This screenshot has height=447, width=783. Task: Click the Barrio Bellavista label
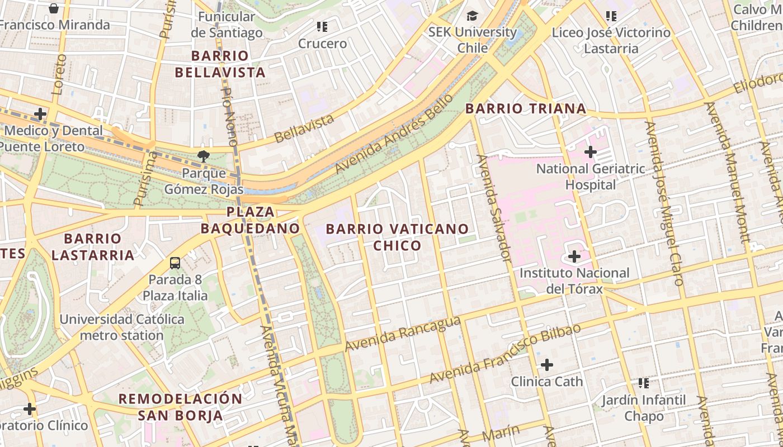pos(220,64)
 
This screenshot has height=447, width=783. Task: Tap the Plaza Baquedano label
pos(251,220)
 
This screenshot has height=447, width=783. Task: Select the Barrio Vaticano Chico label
pos(397,237)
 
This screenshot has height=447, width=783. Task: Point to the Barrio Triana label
pos(526,108)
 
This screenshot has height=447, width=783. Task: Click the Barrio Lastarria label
pos(93,247)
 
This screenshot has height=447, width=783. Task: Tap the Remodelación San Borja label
pos(180,407)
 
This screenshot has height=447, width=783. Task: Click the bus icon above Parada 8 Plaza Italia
pos(175,263)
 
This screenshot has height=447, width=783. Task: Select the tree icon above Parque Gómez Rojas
pos(203,156)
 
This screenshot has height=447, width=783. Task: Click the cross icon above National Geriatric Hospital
pos(591,151)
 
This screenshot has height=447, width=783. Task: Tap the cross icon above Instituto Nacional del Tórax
pos(574,256)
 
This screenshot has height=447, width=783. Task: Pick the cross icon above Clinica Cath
pos(547,365)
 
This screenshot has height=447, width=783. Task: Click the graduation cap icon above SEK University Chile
pos(473,16)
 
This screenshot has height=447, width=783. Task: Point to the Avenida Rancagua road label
pos(402,334)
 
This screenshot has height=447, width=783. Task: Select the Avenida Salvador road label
pos(493,208)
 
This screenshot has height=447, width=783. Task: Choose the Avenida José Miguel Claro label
pos(664,203)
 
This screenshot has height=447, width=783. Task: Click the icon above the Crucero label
pos(322,26)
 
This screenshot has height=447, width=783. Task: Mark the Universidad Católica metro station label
pos(122,327)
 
